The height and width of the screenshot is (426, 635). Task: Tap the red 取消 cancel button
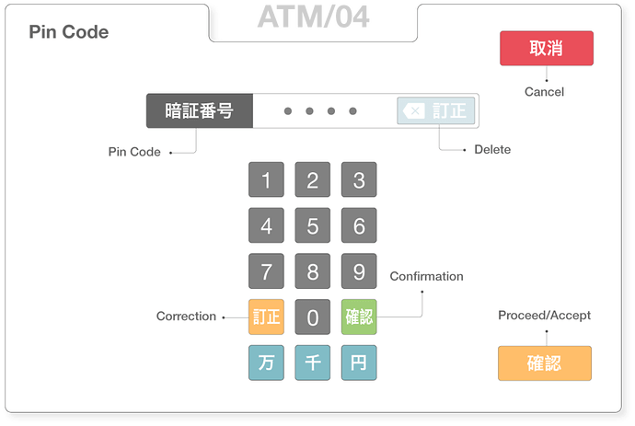click(x=547, y=48)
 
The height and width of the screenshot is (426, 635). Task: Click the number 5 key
click(x=313, y=225)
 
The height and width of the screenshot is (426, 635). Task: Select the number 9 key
click(x=359, y=271)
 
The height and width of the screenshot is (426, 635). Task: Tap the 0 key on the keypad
click(x=313, y=317)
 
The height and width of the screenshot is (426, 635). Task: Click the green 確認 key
click(x=359, y=317)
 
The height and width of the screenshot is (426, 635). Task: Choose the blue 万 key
click(x=267, y=363)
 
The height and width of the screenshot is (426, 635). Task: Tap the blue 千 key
click(x=313, y=363)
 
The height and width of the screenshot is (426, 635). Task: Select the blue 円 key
click(x=359, y=363)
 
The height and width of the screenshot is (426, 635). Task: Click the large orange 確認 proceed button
click(x=545, y=363)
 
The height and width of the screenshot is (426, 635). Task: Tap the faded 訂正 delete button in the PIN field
click(x=436, y=110)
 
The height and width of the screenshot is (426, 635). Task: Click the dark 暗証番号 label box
click(x=200, y=111)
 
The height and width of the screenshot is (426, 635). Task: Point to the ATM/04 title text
click(x=314, y=17)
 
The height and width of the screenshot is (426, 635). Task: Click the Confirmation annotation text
click(x=426, y=276)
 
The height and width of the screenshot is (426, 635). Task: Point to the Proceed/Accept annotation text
click(x=544, y=315)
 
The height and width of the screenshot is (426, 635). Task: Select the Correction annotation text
click(x=186, y=316)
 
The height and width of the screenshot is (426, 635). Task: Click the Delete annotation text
click(x=492, y=149)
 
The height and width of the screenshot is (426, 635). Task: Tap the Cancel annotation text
click(x=544, y=92)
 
